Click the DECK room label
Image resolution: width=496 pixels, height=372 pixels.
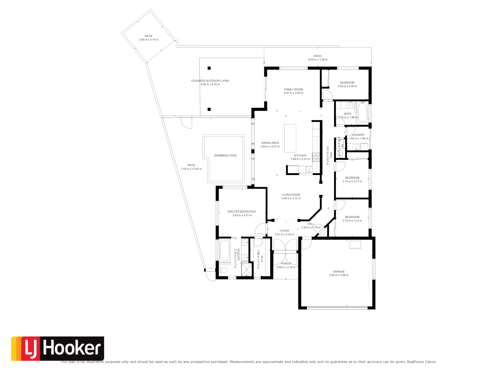148,36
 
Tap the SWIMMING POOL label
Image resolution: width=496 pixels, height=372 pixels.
225,156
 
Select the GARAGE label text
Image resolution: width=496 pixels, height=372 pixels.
339,272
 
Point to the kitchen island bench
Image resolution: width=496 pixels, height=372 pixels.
290,138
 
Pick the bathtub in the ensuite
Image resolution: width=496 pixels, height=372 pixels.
224,251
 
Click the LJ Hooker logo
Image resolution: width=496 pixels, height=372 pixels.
58,348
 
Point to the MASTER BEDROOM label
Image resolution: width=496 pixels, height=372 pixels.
241,212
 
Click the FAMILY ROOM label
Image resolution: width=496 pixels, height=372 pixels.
293,90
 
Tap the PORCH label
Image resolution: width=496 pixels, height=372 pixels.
286,264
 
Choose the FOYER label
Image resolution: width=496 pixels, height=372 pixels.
285,231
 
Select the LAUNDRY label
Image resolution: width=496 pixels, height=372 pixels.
358,135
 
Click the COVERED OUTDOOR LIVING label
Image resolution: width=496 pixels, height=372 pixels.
210,81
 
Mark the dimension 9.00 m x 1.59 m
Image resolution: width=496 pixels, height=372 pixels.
318,60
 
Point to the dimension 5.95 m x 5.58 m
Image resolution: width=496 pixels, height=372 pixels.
339,275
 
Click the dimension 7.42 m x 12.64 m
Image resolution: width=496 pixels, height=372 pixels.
191,169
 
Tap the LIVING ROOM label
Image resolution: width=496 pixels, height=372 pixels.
291,195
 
